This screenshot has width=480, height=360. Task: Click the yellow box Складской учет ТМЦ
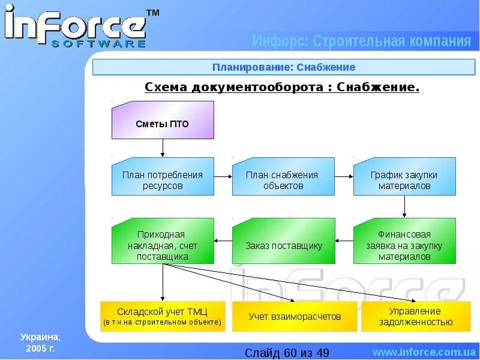[x=163, y=316]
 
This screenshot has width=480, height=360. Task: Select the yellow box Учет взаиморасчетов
[x=295, y=316]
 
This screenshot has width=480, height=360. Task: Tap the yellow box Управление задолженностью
[x=416, y=316]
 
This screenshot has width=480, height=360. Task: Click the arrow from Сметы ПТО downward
[x=163, y=148]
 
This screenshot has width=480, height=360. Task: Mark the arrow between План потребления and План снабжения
[x=223, y=176]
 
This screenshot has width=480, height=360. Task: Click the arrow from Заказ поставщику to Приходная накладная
[x=223, y=241]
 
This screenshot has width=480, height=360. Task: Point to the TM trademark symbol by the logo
[x=153, y=13]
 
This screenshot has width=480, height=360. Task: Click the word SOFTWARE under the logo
[x=98, y=43]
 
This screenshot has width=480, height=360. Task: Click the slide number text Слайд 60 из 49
[x=287, y=352]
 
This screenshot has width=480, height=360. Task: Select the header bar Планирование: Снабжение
[x=283, y=67]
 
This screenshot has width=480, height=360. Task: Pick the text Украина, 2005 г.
[x=40, y=342]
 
